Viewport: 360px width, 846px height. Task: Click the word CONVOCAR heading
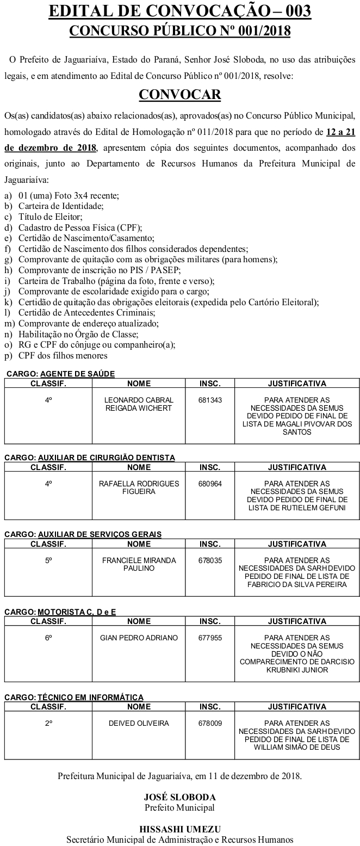180,95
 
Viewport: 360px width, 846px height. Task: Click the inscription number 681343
210,400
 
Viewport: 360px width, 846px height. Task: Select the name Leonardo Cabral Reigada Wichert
138,404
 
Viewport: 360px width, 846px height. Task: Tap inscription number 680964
210,483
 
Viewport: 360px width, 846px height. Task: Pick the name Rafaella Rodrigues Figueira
139,487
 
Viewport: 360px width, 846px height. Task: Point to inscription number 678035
210,560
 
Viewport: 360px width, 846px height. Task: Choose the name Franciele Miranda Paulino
139,564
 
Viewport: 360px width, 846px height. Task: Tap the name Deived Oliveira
139,723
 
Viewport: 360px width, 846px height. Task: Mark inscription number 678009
210,723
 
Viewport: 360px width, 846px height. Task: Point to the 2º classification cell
48,723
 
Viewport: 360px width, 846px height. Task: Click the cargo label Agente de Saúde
77,374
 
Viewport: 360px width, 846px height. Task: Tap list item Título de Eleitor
53,216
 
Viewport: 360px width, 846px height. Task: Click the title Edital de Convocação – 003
180,11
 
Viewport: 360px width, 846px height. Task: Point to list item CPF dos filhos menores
63,356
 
